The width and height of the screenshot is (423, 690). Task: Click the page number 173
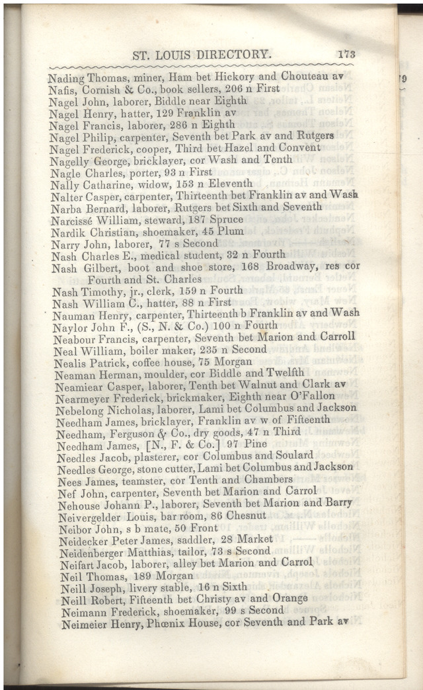pos(346,55)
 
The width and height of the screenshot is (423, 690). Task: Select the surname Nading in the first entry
pos(66,77)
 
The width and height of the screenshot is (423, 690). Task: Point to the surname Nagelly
pos(68,160)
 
